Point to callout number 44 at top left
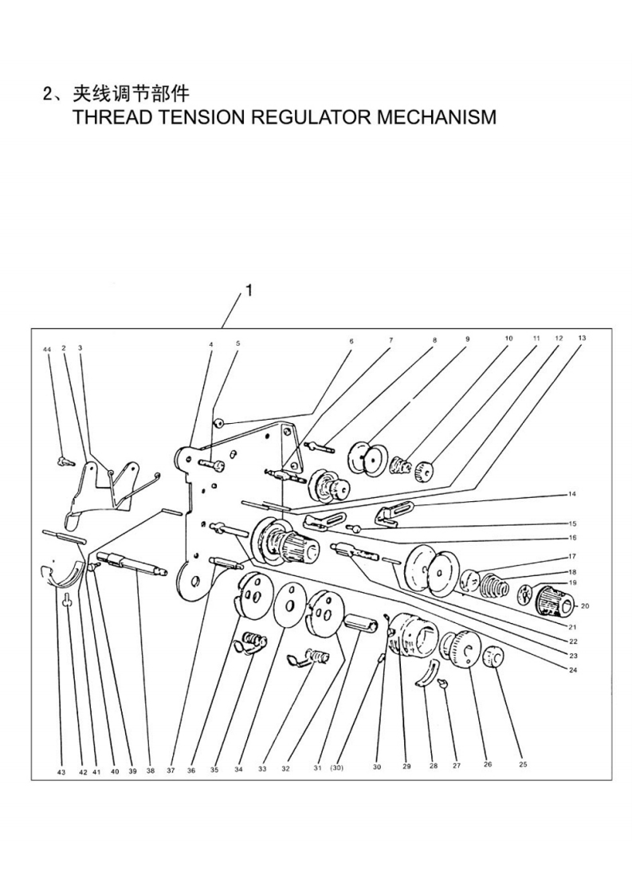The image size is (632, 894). pyautogui.click(x=47, y=347)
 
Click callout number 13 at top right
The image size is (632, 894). pyautogui.click(x=582, y=338)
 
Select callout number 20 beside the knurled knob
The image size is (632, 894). pyautogui.click(x=585, y=606)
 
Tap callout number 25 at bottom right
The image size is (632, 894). pyautogui.click(x=523, y=764)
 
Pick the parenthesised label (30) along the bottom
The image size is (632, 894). pyautogui.click(x=336, y=767)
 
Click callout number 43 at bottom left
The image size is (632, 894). pyautogui.click(x=61, y=772)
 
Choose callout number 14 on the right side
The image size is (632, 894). pyautogui.click(x=572, y=494)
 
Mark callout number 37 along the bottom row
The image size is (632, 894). pyautogui.click(x=171, y=770)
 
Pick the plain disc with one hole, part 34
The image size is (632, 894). pyautogui.click(x=292, y=604)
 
